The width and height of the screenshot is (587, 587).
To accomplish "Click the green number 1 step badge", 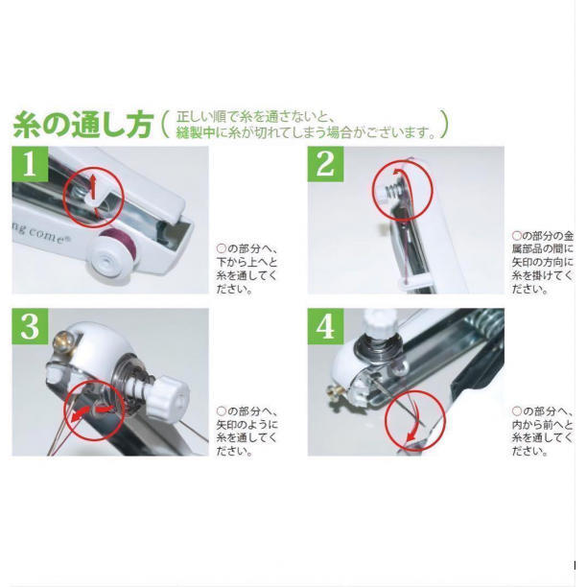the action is [30, 164].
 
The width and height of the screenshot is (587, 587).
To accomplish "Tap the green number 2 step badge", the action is [325, 164].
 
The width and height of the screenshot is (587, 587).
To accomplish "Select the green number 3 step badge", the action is [30, 326].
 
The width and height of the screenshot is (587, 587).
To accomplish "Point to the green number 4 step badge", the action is [325, 326].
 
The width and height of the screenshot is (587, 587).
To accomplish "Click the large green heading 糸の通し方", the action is [83, 125].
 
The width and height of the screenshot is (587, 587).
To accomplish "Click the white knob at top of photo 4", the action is [379, 322].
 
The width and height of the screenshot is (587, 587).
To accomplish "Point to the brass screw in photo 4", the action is [333, 391].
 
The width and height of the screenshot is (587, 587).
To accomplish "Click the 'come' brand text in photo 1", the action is [47, 235].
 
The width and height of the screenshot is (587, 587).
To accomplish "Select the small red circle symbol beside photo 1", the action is [222, 248].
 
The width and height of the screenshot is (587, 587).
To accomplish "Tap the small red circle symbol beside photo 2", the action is [517, 236].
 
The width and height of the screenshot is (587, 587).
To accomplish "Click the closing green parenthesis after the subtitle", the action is [444, 125].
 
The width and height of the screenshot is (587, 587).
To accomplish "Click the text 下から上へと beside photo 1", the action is [247, 262].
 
